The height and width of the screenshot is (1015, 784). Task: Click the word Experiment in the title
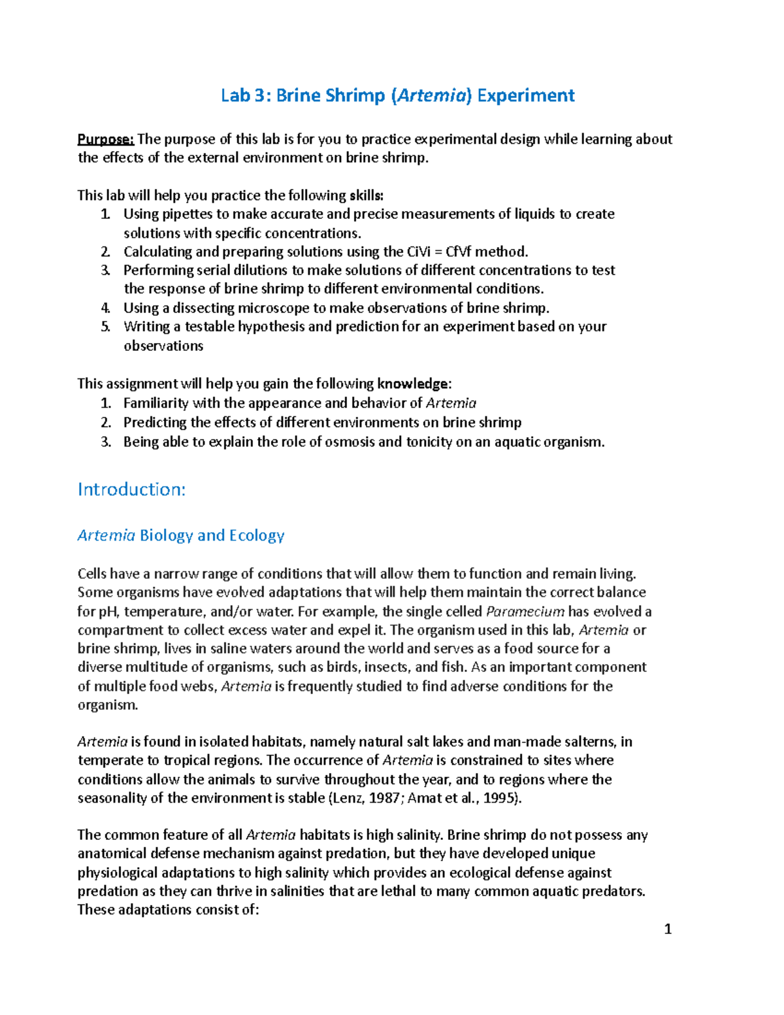(526, 95)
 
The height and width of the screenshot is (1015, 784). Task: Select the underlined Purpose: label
(106, 139)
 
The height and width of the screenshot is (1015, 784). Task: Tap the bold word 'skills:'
(367, 195)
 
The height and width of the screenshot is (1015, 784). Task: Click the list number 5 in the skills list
(105, 327)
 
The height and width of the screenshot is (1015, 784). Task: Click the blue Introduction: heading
(131, 489)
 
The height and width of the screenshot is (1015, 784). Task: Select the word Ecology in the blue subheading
(257, 535)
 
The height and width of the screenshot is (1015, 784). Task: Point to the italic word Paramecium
(525, 612)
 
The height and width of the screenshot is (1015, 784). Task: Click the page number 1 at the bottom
(667, 929)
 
